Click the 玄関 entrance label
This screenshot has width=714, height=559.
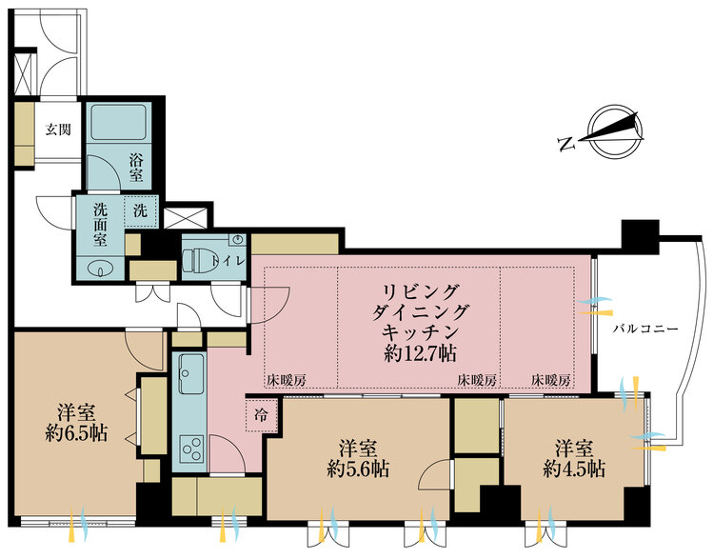tap(58, 130)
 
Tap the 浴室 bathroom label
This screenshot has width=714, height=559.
tap(136, 168)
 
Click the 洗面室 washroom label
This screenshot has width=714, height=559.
tap(101, 225)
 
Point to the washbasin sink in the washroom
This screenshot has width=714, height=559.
tap(100, 270)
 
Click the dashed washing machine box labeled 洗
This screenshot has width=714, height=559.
tap(141, 211)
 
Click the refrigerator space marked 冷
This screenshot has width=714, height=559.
tap(262, 415)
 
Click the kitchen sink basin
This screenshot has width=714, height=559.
tap(191, 374)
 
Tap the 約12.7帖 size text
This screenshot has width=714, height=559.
tap(420, 353)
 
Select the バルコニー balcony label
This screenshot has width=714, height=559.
tap(645, 329)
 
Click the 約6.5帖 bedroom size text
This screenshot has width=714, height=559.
tap(76, 432)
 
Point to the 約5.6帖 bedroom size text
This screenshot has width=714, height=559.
tap(358, 469)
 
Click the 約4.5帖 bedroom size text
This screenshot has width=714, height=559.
tap(574, 469)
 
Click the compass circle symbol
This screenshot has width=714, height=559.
tap(615, 131)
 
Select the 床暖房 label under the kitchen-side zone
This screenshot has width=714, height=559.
tap(287, 380)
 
